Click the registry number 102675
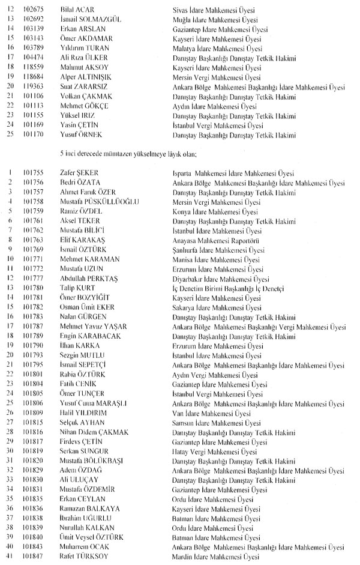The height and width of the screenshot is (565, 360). pos(32,10)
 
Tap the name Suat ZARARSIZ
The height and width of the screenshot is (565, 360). pos(84,87)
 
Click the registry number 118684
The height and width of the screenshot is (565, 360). pos(32,77)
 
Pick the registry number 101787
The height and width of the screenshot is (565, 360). pos(32,327)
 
